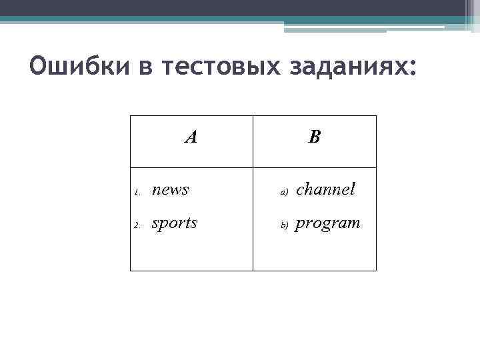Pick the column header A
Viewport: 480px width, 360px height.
[x=191, y=137]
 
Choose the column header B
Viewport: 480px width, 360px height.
[x=315, y=137]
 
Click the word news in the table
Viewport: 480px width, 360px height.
[x=171, y=190]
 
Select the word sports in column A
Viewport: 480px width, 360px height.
[x=175, y=223]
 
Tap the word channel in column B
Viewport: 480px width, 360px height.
[x=325, y=189]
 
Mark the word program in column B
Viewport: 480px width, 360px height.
[x=327, y=223]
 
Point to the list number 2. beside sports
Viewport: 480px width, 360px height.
[x=135, y=225]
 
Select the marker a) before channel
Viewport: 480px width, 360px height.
[x=283, y=193]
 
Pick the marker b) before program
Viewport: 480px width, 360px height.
[x=283, y=225]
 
